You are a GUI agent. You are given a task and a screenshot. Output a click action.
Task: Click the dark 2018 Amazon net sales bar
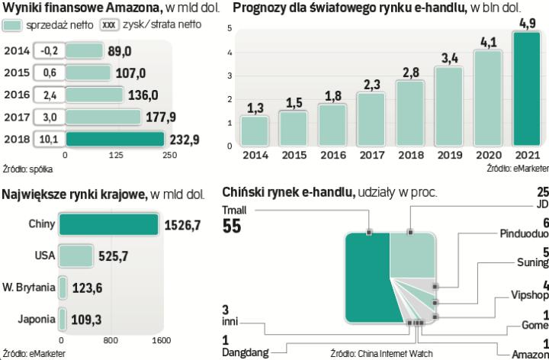pos(114,139)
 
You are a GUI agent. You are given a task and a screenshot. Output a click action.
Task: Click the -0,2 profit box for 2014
pos(49,51)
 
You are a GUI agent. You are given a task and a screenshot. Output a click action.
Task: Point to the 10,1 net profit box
pos(49,140)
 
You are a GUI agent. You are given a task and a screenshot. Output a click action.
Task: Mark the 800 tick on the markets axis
pos(111,340)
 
